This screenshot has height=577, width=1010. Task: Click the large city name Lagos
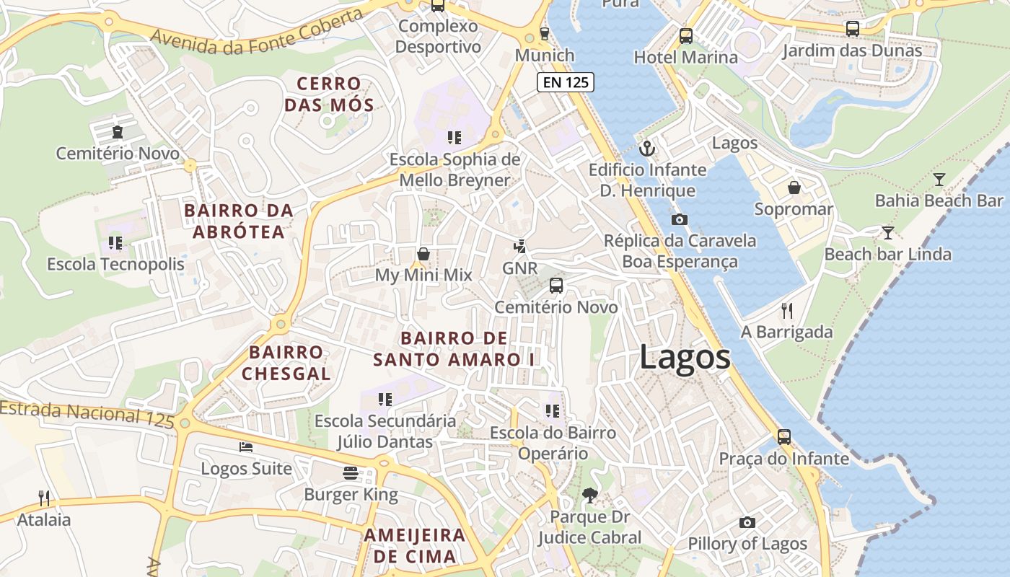point(685,358)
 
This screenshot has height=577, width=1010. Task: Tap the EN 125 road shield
point(566,82)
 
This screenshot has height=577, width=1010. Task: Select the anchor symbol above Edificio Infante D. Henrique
point(647,149)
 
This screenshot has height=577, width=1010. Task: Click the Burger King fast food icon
point(351,473)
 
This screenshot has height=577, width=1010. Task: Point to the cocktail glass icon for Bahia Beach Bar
point(939,180)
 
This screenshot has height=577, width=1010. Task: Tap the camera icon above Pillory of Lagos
point(747,522)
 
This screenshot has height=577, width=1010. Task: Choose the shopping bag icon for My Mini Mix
point(423,254)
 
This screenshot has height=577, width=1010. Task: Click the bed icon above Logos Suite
point(246,447)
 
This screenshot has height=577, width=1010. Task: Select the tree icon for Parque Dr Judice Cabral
point(589,495)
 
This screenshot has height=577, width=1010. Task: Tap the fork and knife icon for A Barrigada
point(787,311)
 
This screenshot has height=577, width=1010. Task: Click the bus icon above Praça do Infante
point(783,437)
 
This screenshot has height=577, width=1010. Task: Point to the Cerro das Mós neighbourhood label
point(329,94)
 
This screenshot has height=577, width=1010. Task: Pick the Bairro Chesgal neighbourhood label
point(286,363)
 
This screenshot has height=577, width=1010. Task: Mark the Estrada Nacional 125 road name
point(87,413)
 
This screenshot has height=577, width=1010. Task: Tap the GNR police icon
point(519,247)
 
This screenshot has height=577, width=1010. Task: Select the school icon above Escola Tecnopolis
point(115,243)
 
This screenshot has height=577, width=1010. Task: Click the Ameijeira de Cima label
point(415,545)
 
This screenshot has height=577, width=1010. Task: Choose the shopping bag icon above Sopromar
point(794,188)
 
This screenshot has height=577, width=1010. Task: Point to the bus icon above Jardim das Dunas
point(852,29)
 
